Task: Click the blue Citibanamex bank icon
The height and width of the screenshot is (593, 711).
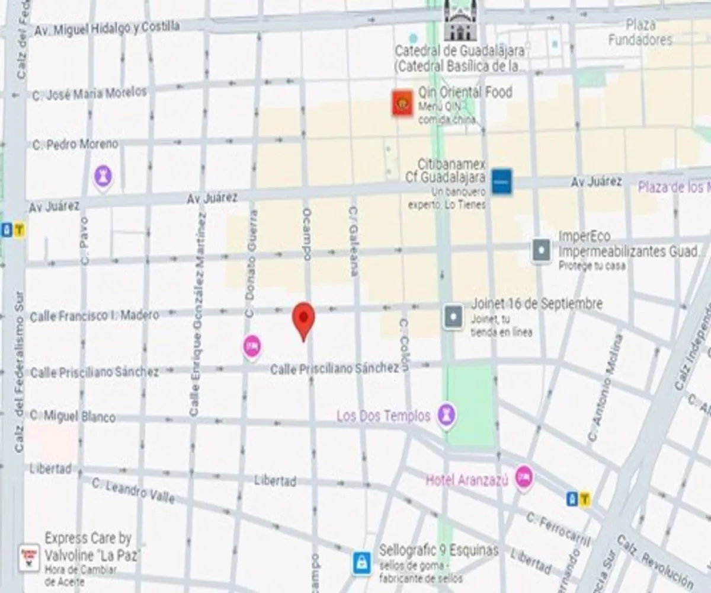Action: (x=502, y=181)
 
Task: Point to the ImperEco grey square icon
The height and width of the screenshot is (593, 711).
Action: (x=542, y=251)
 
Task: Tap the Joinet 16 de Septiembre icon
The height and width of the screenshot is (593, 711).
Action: (x=453, y=317)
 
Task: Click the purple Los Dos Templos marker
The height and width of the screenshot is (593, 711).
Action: (x=446, y=415)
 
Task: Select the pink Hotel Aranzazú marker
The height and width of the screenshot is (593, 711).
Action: (x=523, y=477)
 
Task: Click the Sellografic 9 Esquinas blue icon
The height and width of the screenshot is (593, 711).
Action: (x=361, y=562)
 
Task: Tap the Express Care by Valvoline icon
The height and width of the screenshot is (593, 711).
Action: (x=29, y=557)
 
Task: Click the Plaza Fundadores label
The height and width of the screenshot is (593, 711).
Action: (x=640, y=33)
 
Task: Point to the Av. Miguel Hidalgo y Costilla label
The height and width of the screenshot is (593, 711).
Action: (x=107, y=28)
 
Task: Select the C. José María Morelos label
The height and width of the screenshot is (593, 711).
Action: (x=89, y=94)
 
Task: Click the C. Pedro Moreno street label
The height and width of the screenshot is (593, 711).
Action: (x=75, y=144)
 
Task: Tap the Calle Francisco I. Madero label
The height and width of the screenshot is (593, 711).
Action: (x=94, y=315)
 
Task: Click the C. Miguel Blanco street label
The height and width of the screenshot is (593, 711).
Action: (x=72, y=416)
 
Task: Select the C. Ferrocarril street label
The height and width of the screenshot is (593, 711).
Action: (x=558, y=528)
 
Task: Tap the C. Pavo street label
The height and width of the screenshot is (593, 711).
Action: (x=84, y=240)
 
